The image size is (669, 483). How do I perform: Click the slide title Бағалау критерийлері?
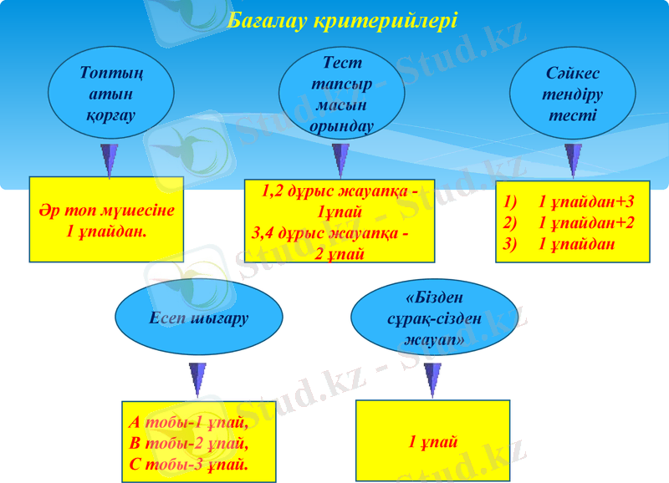tap(342, 20)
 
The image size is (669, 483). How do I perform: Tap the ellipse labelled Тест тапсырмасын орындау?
tap(340, 94)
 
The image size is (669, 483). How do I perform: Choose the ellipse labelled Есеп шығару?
tap(198, 318)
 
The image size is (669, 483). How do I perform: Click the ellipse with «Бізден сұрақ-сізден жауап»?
tap(432, 318)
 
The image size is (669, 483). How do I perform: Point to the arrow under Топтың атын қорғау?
tap(109, 159)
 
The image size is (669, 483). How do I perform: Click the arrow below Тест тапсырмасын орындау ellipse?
tap(340, 159)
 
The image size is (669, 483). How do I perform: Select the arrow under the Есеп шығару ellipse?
tap(198, 379)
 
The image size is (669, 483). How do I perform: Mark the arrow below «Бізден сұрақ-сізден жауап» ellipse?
tap(432, 379)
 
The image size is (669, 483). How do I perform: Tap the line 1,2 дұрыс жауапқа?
tap(340, 191)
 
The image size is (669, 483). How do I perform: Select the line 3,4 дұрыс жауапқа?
tap(331, 234)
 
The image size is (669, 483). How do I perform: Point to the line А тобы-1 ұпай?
tap(188, 422)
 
